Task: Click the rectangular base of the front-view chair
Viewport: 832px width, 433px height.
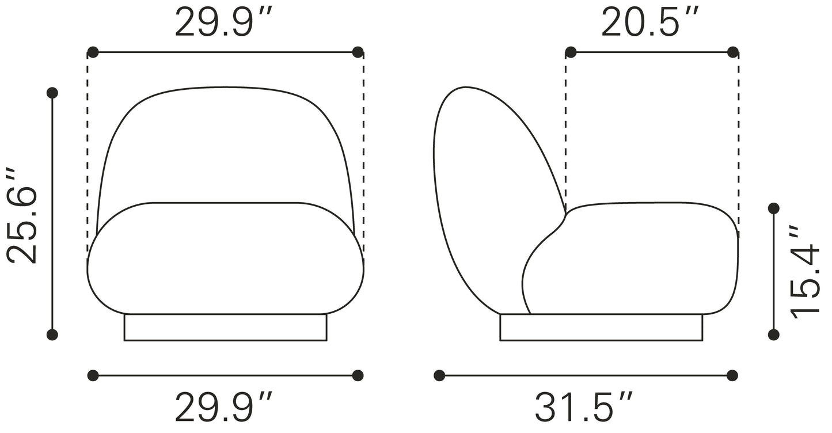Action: [225, 327]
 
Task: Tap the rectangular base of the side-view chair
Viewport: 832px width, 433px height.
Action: [601, 327]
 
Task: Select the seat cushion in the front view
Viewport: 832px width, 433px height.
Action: [225, 259]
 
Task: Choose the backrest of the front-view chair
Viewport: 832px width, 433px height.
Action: [225, 144]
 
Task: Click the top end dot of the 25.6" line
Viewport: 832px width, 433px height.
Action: [52, 93]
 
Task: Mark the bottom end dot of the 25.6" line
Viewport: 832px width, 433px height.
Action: [52, 335]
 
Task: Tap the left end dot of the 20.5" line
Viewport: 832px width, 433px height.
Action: [571, 52]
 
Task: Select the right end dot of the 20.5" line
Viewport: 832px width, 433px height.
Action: [733, 52]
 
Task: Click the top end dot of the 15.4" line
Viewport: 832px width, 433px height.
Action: [774, 208]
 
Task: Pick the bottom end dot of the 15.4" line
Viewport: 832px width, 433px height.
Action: [774, 335]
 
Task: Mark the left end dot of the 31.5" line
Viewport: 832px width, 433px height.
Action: [439, 375]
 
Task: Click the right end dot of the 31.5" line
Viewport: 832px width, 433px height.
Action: [732, 375]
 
